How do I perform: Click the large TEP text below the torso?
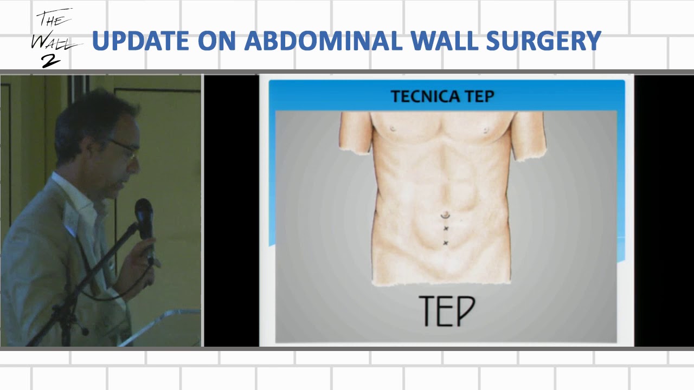coord(447,311)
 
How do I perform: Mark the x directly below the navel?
coord(446,229)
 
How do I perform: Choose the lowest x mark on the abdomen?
coord(446,243)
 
